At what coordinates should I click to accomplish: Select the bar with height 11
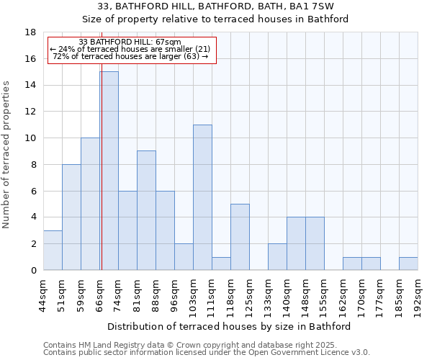pos(202,197)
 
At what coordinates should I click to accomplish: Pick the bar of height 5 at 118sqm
pos(240,237)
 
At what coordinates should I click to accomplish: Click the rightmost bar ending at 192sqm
pos(408,264)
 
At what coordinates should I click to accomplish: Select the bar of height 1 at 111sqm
pos(221,264)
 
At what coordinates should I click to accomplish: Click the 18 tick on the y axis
pos(30,32)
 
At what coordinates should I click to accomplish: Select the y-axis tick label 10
pos(30,138)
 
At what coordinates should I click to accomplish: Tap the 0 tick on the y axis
pos(33,271)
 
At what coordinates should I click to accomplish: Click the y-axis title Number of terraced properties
pos(7,155)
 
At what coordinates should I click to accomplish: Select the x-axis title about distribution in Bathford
pos(230,326)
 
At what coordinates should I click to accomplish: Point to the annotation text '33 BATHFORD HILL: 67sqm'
pos(130,42)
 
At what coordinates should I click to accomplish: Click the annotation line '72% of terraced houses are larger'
pos(130,56)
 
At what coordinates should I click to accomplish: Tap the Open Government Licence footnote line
pos(207,353)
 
